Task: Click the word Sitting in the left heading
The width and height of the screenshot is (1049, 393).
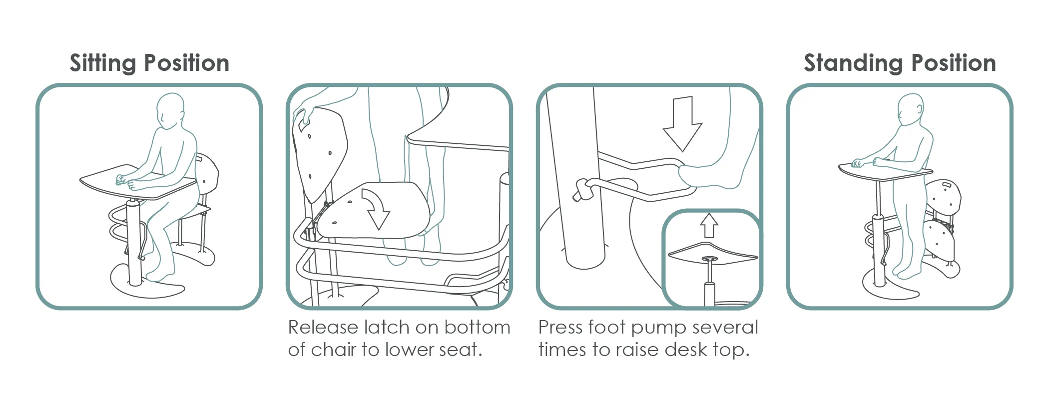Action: (103, 63)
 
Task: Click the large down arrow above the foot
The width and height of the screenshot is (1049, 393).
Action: (682, 124)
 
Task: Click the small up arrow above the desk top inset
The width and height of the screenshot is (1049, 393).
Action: (709, 226)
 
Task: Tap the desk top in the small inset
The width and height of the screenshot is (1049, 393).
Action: (712, 253)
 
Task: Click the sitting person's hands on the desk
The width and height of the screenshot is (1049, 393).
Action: (126, 182)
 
